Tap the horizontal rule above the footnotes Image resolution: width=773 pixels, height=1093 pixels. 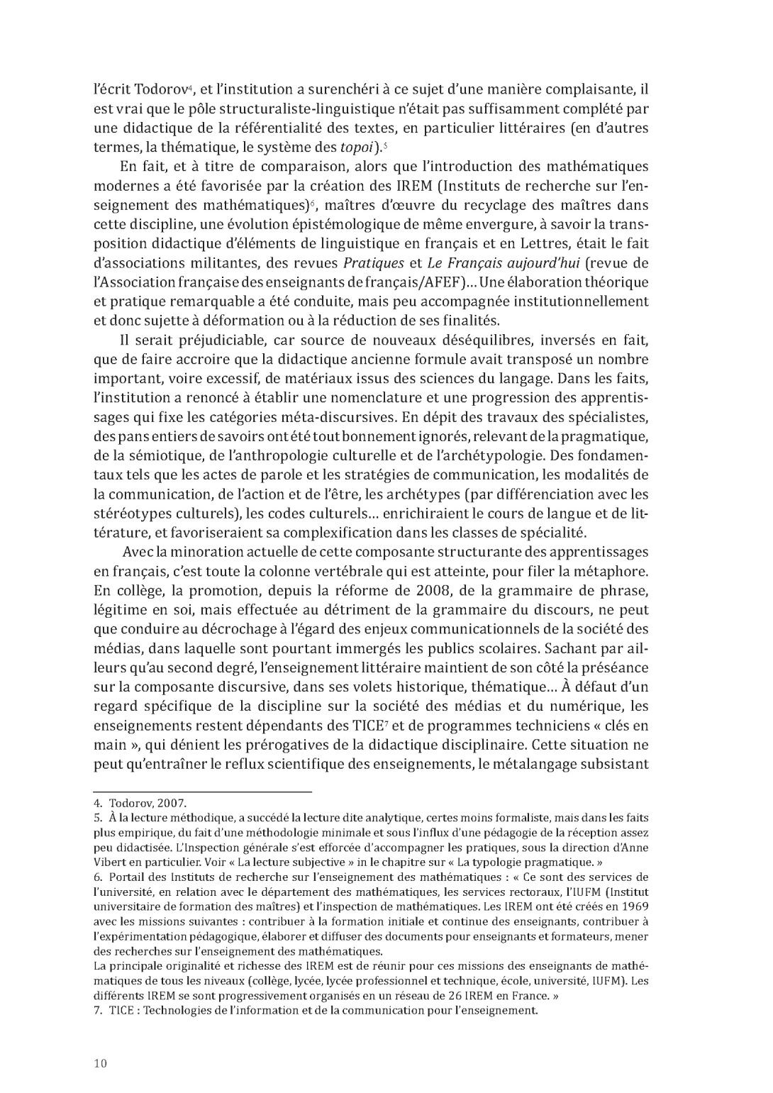tap(203, 791)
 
